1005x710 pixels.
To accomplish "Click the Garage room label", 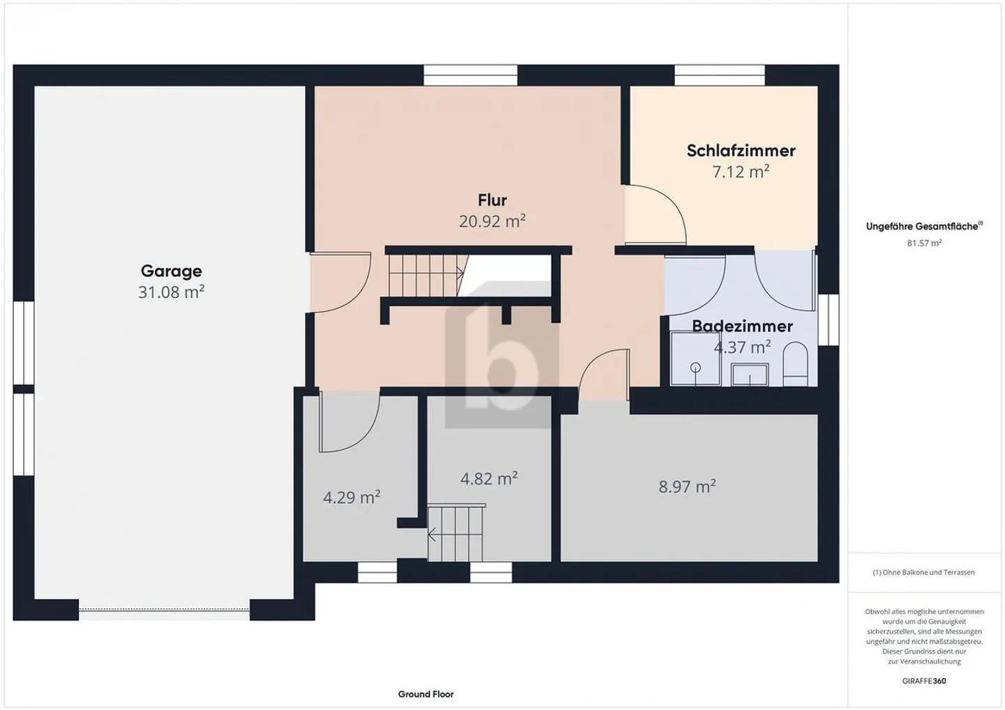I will click(171, 271).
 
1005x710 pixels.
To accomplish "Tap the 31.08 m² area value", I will click(171, 292).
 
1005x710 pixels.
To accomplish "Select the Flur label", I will click(492, 200).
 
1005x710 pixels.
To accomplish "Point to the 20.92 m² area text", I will click(492, 222).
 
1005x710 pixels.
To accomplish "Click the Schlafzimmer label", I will click(740, 151).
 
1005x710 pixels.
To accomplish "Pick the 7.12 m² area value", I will click(740, 172).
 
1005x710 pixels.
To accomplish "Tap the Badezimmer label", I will click(742, 326).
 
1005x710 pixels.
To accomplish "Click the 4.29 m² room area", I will click(351, 497).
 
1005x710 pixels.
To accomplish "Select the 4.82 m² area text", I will click(489, 478).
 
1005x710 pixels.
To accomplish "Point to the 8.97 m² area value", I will click(687, 486).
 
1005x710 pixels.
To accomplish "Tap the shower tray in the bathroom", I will click(694, 359).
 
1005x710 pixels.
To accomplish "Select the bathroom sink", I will click(749, 376).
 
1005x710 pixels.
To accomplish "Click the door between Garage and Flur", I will click(338, 282).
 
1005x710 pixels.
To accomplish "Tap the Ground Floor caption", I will click(426, 694).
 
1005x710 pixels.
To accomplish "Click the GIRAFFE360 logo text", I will click(924, 681).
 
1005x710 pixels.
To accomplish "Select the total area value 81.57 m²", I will click(924, 243).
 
